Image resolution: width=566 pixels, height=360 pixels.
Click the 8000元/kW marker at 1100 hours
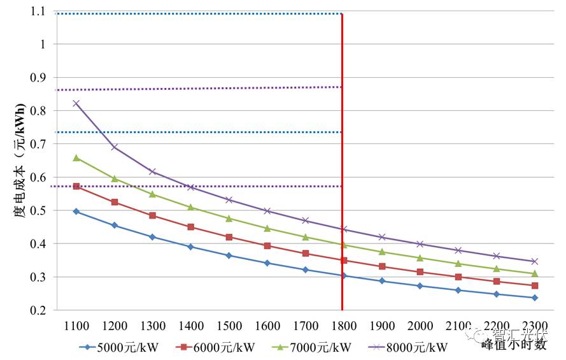coord(76,103)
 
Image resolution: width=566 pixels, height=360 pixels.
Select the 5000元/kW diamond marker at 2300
coord(535,298)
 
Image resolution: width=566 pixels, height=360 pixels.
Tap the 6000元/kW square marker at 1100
coord(76,186)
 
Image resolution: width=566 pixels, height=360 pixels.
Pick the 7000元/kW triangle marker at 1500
coord(229,218)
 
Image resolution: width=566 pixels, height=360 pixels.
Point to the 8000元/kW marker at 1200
coord(115,147)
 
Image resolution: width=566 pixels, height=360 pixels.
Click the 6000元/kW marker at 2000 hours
coord(420,272)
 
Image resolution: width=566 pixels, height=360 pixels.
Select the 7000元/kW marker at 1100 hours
coord(76,157)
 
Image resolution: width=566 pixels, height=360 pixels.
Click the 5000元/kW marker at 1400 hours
coord(191,247)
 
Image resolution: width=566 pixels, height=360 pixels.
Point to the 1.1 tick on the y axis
coord(40,11)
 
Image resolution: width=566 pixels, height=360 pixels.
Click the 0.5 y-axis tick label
coord(40,211)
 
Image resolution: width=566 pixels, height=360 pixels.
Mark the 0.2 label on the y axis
coord(40,310)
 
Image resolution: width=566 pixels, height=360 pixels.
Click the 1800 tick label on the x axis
coord(344,326)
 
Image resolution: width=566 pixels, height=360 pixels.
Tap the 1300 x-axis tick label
coord(153,326)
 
